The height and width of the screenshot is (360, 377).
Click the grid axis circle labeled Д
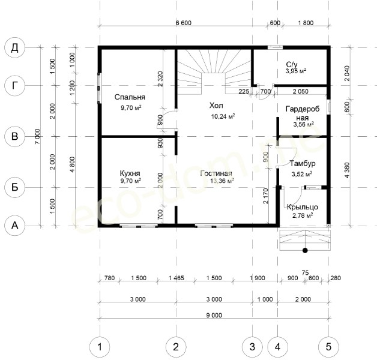(14, 47)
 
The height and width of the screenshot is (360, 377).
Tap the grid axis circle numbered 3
(252, 347)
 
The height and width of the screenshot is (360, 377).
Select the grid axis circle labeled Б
(14, 187)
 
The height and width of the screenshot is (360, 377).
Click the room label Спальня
(130, 97)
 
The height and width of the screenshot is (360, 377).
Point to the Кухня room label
(130, 173)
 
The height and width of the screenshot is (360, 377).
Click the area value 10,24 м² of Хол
(223, 116)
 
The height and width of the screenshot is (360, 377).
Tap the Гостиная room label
(216, 173)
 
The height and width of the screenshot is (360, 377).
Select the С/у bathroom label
(292, 64)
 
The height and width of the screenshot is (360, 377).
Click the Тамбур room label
(303, 163)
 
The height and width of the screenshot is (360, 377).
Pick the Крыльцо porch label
(303, 207)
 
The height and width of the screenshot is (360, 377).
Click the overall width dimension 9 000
(214, 315)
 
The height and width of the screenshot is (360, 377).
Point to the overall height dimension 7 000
(37, 136)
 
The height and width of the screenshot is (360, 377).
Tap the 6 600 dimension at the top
(184, 23)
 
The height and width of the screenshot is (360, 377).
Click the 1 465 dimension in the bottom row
(176, 278)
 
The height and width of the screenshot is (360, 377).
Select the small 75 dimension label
(305, 273)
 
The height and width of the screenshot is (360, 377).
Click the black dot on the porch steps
(305, 250)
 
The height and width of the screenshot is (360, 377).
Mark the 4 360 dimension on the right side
(347, 170)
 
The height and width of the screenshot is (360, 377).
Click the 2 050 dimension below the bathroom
(301, 91)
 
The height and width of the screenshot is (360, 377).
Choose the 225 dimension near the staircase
(244, 91)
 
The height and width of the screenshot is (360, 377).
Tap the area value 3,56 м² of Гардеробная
(303, 124)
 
